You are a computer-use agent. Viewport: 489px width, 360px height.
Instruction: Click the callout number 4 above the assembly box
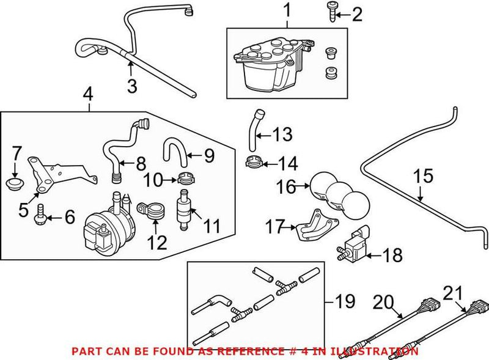89,95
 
